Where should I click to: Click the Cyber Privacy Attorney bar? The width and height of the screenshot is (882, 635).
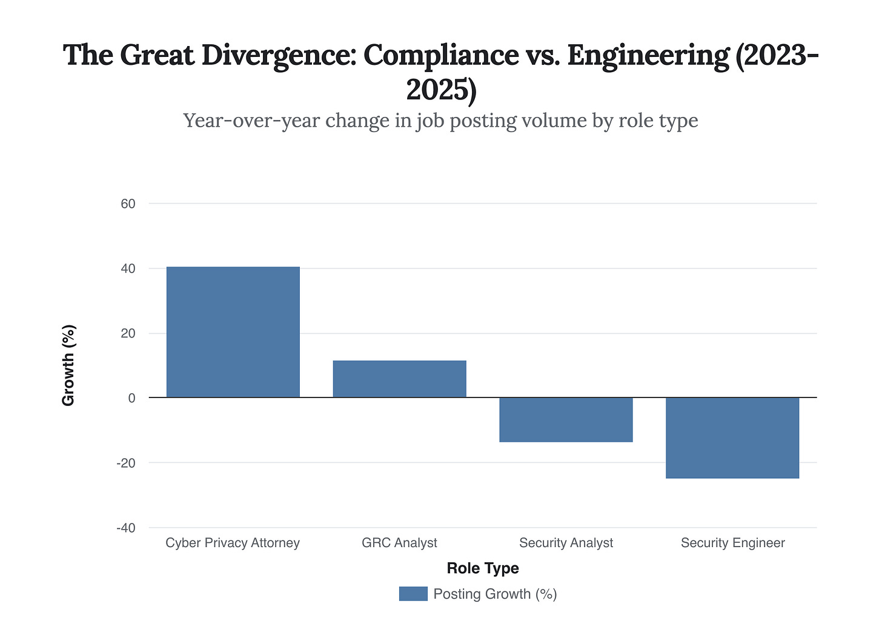(233, 332)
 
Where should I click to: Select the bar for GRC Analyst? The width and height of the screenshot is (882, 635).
(399, 379)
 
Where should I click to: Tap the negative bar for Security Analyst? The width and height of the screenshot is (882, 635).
(566, 420)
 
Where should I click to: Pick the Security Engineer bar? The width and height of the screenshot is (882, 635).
(732, 438)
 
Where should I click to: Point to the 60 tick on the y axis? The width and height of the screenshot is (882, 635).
(128, 204)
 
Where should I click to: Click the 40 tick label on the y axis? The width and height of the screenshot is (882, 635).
(128, 268)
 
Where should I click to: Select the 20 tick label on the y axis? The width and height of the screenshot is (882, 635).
(128, 333)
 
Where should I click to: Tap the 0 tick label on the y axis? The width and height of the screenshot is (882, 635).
(131, 398)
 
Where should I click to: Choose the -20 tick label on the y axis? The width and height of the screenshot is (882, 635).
(126, 463)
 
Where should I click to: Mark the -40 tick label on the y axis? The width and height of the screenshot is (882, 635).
(126, 528)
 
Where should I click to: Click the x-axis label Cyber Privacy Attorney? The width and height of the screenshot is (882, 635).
(233, 543)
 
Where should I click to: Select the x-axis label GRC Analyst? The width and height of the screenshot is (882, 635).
(399, 543)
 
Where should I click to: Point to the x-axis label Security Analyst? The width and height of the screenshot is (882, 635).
(566, 543)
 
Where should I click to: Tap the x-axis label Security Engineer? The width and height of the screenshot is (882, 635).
(732, 543)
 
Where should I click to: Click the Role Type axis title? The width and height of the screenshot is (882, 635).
(483, 568)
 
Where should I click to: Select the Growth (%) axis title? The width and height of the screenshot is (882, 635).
(68, 365)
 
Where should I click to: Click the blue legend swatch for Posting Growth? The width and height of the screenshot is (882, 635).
(413, 594)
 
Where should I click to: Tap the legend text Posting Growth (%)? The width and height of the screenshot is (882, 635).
(495, 594)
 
